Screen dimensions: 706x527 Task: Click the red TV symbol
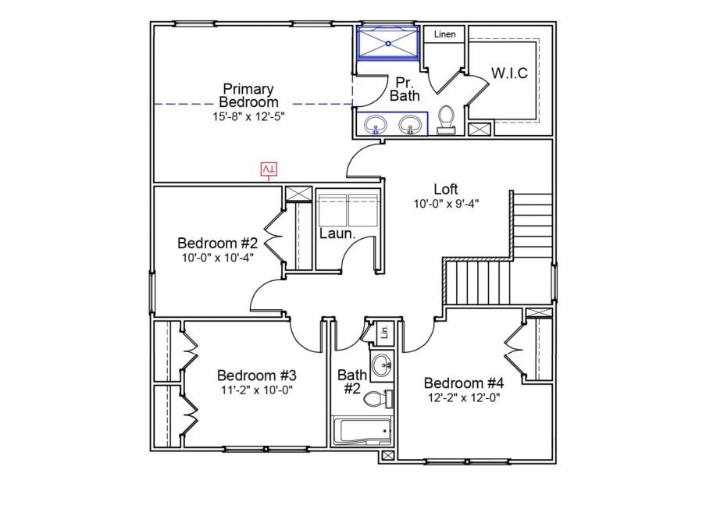point(269,169)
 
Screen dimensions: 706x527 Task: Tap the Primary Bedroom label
point(248,95)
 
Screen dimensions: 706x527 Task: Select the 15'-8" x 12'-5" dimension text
point(248,116)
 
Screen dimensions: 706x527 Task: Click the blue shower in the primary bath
point(388,43)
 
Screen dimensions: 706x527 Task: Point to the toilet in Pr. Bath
point(447,119)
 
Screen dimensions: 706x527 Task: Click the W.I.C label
point(509,73)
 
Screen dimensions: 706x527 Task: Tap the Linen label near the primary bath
point(445,34)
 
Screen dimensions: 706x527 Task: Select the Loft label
point(446,189)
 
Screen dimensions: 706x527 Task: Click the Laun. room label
point(337,233)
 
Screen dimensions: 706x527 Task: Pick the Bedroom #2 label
point(217,243)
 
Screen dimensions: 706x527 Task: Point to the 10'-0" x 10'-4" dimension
point(217,258)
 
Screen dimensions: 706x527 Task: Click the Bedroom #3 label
point(257,375)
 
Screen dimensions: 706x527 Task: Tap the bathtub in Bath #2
point(362,431)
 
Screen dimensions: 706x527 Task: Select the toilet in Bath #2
point(378,399)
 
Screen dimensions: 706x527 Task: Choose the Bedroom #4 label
point(464,383)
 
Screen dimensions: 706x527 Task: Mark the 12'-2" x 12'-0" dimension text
point(464,398)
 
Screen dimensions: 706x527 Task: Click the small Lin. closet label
point(384,332)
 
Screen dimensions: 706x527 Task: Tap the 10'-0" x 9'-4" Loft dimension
point(446,204)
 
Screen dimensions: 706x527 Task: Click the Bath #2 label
point(352,381)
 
